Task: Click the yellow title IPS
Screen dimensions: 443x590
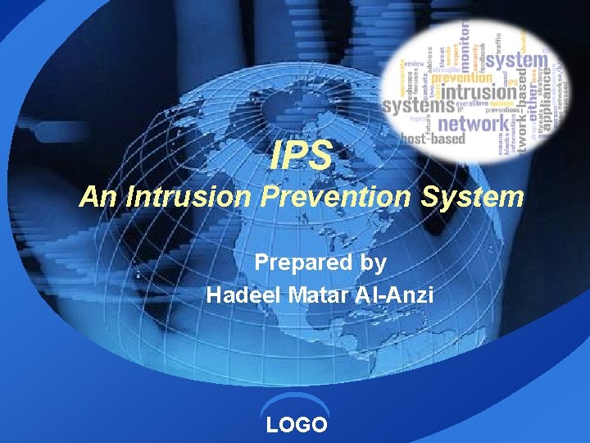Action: click(302, 155)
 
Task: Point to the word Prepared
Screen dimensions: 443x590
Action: click(299, 263)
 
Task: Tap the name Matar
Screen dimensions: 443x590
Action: click(319, 295)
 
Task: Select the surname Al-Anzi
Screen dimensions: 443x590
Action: click(396, 295)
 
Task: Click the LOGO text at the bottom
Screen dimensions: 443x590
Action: click(297, 424)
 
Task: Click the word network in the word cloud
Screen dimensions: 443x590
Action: click(473, 123)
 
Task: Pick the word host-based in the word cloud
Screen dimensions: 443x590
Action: click(432, 140)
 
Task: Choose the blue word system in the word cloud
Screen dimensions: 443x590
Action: click(519, 60)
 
